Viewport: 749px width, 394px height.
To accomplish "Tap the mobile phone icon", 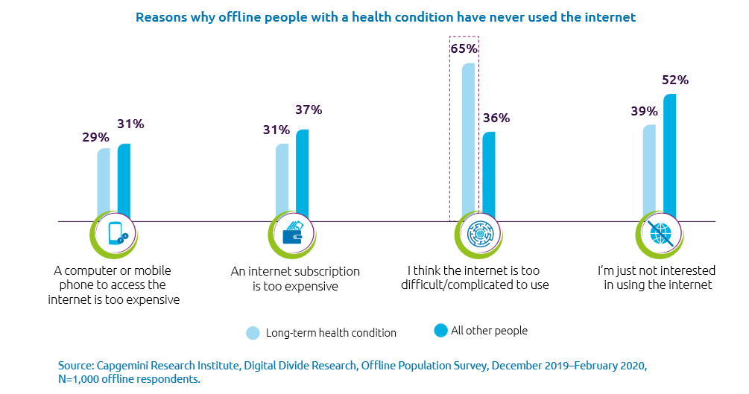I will coord(117,234).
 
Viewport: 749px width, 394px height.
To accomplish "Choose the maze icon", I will coord(478,234).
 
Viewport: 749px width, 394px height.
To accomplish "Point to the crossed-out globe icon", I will coord(661,234).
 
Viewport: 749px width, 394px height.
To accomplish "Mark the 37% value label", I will coord(308,109).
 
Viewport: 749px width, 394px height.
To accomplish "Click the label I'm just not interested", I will coord(657,270).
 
